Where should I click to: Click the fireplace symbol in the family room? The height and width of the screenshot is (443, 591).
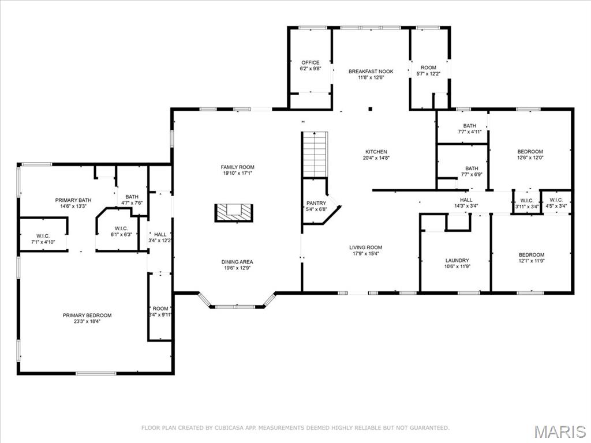pos(234,212)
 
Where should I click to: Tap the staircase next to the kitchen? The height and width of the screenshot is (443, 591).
pos(315,155)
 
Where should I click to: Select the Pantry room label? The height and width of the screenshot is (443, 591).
pos(316,203)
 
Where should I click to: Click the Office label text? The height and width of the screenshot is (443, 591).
pos(310,62)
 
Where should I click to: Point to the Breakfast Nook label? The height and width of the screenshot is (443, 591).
pos(371,72)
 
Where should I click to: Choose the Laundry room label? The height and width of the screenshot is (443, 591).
pos(457,260)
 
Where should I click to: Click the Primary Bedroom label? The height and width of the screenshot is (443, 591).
pos(87,315)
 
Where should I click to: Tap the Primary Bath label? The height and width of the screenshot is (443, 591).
pos(73,200)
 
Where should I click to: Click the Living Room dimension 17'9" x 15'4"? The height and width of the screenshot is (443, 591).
pos(366,254)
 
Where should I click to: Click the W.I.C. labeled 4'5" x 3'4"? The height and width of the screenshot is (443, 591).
pos(556,203)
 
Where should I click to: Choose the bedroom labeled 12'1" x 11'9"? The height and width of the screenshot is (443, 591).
pos(531,258)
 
